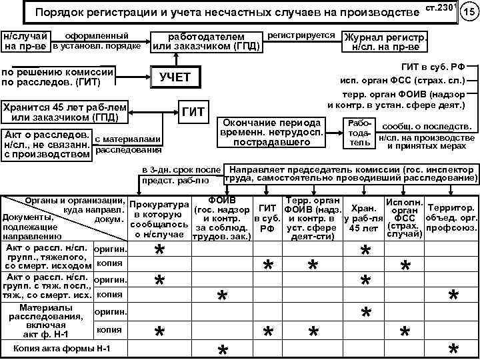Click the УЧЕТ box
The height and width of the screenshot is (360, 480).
coord(175,77)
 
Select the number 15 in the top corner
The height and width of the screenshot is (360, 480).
coord(468,11)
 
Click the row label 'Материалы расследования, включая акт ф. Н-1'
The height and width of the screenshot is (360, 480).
coord(47,321)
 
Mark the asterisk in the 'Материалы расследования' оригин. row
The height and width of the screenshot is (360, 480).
coord(365,312)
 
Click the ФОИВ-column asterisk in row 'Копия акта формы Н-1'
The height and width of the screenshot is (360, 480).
coord(223,350)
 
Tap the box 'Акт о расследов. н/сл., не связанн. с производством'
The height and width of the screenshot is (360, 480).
coord(47,143)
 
